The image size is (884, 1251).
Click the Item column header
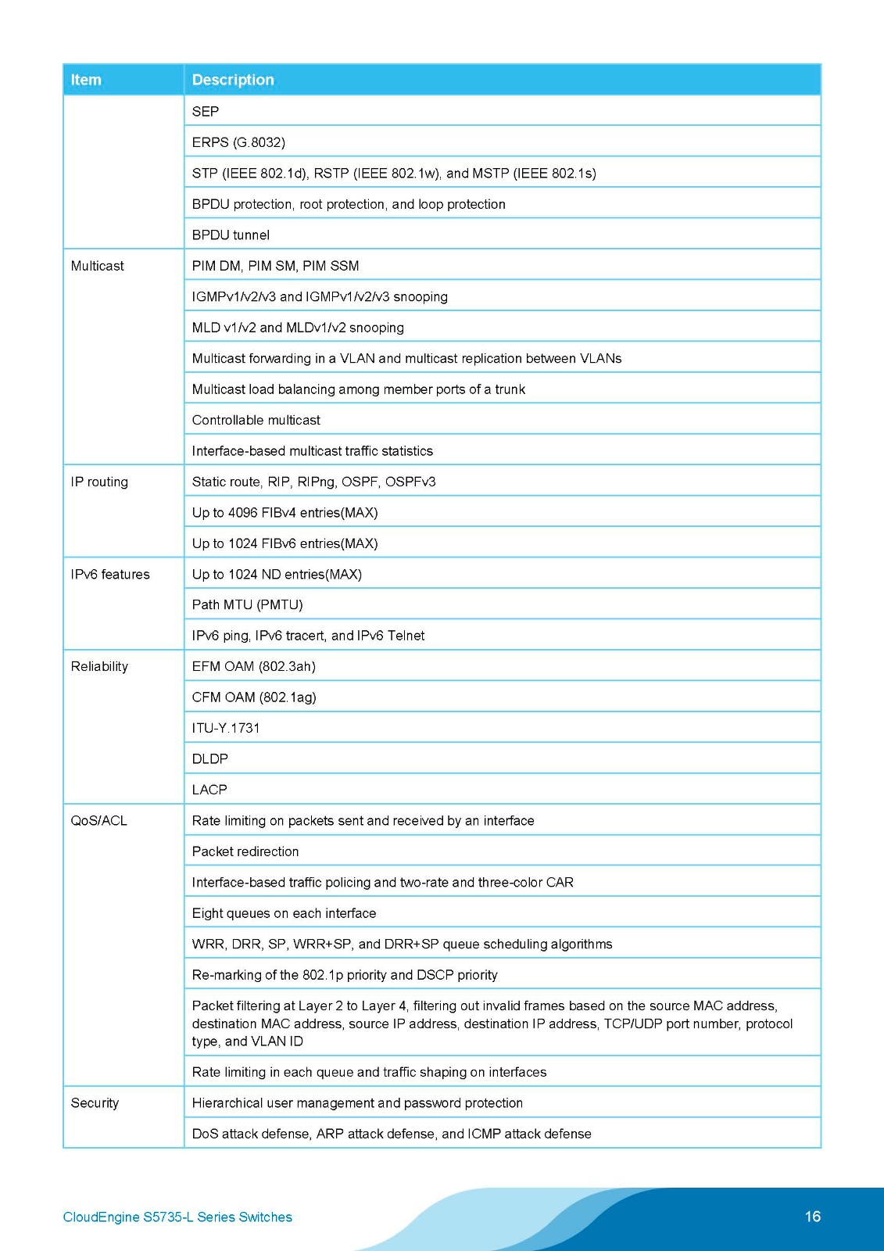coord(86,80)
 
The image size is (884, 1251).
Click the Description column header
coord(233,80)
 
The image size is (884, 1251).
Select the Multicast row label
coord(97,266)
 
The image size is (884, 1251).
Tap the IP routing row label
coord(99,482)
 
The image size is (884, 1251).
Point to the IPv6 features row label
coord(110,574)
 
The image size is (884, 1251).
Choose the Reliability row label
coord(99,666)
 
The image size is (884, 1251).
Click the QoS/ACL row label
coord(98,820)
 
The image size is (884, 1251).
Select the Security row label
coord(95,1102)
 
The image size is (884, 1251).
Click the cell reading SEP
coord(206,111)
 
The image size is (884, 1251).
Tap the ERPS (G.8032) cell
coord(238,142)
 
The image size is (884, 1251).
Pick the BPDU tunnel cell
coord(231,235)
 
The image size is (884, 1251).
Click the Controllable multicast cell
coord(256,420)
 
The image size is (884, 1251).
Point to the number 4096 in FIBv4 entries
coord(242,512)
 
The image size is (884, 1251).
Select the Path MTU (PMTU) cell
coord(247,604)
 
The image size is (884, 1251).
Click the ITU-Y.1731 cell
coord(226,728)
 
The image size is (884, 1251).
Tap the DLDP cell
coord(210,758)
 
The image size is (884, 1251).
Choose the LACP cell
coord(209,790)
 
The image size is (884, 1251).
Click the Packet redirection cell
coord(245,851)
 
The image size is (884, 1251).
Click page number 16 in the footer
coord(813,1216)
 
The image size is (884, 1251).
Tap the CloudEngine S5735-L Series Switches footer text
coord(177,1217)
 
